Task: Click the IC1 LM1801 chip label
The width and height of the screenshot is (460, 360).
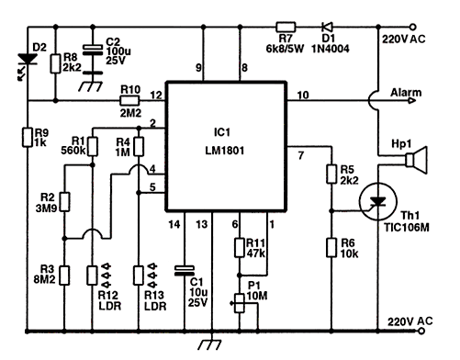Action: pyautogui.click(x=224, y=141)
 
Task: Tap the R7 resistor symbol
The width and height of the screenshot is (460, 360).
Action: pyautogui.click(x=286, y=27)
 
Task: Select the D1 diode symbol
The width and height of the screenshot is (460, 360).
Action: pyautogui.click(x=327, y=27)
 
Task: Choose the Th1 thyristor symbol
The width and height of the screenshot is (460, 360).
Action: pyautogui.click(x=377, y=201)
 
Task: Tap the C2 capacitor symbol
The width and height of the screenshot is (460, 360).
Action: pyautogui.click(x=93, y=50)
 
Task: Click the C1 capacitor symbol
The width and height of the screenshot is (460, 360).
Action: pyautogui.click(x=185, y=271)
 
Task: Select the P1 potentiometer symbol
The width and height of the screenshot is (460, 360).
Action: pyautogui.click(x=240, y=303)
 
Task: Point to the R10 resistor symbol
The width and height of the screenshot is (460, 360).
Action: pyautogui.click(x=129, y=100)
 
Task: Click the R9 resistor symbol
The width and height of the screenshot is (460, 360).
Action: pyautogui.click(x=27, y=137)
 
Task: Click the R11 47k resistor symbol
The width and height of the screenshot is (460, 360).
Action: pyautogui.click(x=240, y=248)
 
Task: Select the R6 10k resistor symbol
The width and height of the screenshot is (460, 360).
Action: pyautogui.click(x=331, y=248)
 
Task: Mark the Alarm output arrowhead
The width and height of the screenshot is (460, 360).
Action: pyautogui.click(x=412, y=100)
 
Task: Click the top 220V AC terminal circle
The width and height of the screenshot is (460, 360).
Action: pyautogui.click(x=413, y=27)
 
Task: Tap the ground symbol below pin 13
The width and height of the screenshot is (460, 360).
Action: pyautogui.click(x=209, y=344)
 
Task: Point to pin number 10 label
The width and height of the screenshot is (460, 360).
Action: pyautogui.click(x=303, y=96)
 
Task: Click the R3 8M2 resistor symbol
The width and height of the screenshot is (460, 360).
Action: pyautogui.click(x=64, y=276)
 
